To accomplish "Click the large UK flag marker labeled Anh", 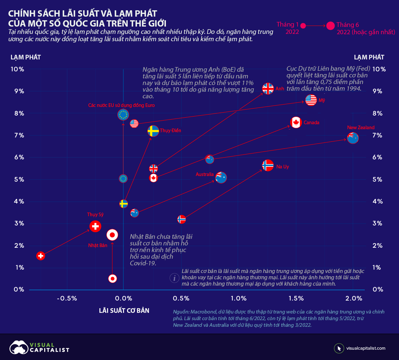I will pos(268,89).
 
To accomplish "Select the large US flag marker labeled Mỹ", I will pos(311,100).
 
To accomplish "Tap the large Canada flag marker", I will pos(296,123).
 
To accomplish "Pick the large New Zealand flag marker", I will pos(353,137).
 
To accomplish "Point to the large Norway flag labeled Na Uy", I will pos(268,165).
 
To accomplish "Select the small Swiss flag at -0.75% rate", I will pos(41,256).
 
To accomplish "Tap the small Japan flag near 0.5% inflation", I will pos(113,279).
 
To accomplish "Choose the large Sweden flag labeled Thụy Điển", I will pos(153,131).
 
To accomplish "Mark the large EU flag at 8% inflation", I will pos(123,115).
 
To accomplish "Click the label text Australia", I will pos(204,174).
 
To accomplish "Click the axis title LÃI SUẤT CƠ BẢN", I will pos(124,311).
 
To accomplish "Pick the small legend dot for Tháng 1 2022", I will pos(303,25).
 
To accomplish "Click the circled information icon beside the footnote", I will pos(174,278).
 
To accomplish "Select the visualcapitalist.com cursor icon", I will pos(339,348).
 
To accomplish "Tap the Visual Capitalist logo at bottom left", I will pos(39,347).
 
